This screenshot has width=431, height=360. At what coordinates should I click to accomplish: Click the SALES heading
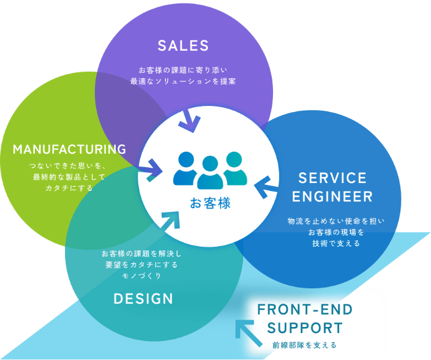183,46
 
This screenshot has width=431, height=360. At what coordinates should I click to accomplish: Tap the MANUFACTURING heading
69,149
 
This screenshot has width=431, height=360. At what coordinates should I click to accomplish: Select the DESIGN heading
143,299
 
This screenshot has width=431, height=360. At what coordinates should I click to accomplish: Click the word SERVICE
332,178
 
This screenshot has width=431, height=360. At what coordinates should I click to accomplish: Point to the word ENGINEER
332,197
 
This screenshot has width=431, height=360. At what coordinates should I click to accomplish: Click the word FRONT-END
305,309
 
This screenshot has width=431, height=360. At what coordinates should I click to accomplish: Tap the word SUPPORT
305,328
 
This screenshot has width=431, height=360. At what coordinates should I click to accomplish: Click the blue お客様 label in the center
210,203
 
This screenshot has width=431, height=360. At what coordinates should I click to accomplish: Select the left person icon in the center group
186,168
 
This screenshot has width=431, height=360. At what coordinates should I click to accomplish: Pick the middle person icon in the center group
210,173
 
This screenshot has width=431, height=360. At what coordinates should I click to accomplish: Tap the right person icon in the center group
235,168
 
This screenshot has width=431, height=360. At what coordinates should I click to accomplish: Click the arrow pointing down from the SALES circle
190,121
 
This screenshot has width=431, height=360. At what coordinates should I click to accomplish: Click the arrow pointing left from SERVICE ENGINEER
266,187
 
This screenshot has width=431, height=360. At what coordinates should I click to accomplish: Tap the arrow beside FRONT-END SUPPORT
249,333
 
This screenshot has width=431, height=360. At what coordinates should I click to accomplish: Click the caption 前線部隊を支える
304,345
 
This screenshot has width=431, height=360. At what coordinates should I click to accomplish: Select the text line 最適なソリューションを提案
183,81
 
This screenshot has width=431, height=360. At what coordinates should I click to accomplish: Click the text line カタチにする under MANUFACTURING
69,188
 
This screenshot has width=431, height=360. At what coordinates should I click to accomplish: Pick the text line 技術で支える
336,244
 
